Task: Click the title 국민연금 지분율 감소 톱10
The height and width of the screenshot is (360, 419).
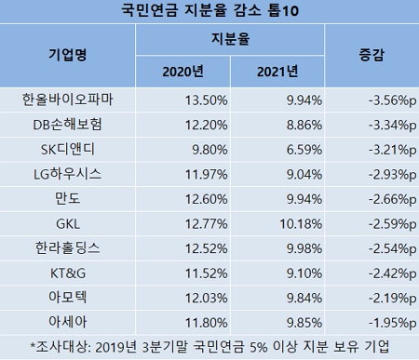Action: [x=209, y=10]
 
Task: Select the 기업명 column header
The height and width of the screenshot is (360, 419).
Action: [x=67, y=56]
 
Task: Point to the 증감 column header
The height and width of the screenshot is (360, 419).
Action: [x=371, y=56]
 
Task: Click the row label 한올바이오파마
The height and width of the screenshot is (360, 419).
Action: [x=67, y=98]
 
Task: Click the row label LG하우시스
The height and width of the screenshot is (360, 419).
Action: [x=67, y=173]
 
